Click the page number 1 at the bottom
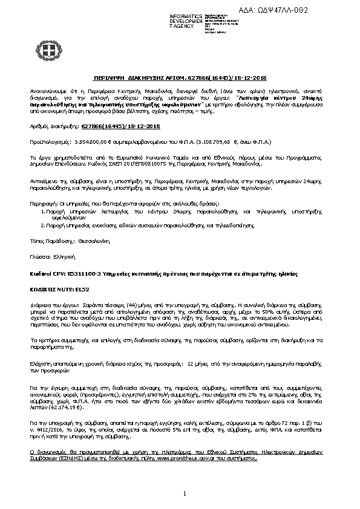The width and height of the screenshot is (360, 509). pyautogui.click(x=183, y=494)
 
